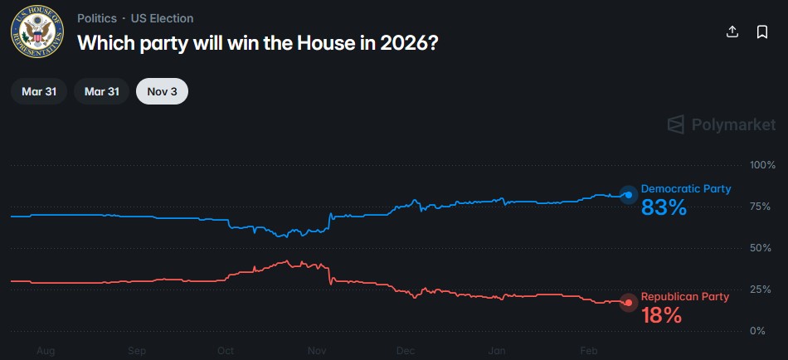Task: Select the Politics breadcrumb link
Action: pos(96,18)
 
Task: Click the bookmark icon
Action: pos(761,32)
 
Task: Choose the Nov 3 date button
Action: pos(162,91)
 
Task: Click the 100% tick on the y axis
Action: pos(761,165)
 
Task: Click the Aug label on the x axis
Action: pos(46,351)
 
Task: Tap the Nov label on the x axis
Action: pos(315,351)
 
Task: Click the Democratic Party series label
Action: pos(685,189)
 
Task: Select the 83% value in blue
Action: pos(664,208)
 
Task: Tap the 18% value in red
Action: pos(661,315)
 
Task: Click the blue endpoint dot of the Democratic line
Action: pos(629,195)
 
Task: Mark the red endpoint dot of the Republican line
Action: pos(629,303)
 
